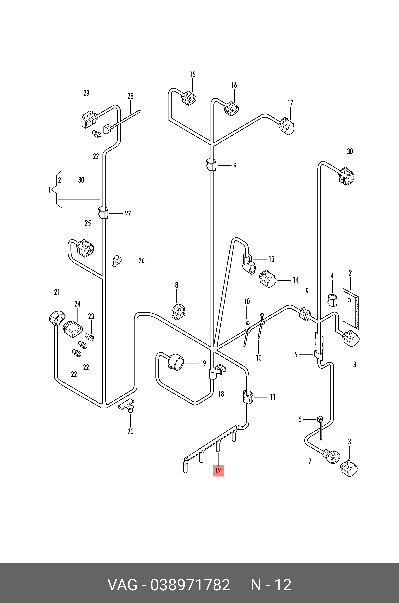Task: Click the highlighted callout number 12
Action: pyautogui.click(x=218, y=471)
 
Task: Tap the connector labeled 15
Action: pyautogui.click(x=189, y=98)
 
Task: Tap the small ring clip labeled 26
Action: pyautogui.click(x=117, y=261)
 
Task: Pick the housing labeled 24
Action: pyautogui.click(x=73, y=329)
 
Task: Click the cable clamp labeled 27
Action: pyautogui.click(x=103, y=213)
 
